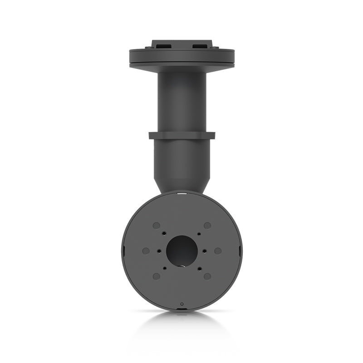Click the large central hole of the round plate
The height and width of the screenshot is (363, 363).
181,250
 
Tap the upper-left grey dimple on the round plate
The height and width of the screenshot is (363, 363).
156,226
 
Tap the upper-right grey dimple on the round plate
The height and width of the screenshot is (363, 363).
207,226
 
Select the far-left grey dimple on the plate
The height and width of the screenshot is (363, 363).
146,250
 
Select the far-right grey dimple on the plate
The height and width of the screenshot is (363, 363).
218,250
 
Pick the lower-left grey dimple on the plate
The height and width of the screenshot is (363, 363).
156,276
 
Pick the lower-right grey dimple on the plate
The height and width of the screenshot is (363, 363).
207,276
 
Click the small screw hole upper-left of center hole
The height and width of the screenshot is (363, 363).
164,234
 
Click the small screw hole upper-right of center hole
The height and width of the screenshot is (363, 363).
199,234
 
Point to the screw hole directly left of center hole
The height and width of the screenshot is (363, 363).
158,250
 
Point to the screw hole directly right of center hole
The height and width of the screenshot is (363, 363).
205,250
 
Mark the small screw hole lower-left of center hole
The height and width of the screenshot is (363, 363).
164,268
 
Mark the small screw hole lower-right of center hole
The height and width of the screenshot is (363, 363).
199,268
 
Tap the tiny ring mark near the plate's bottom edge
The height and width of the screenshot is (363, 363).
181,304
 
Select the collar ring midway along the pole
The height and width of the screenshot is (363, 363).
181,135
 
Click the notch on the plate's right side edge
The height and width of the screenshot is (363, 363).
240,250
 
